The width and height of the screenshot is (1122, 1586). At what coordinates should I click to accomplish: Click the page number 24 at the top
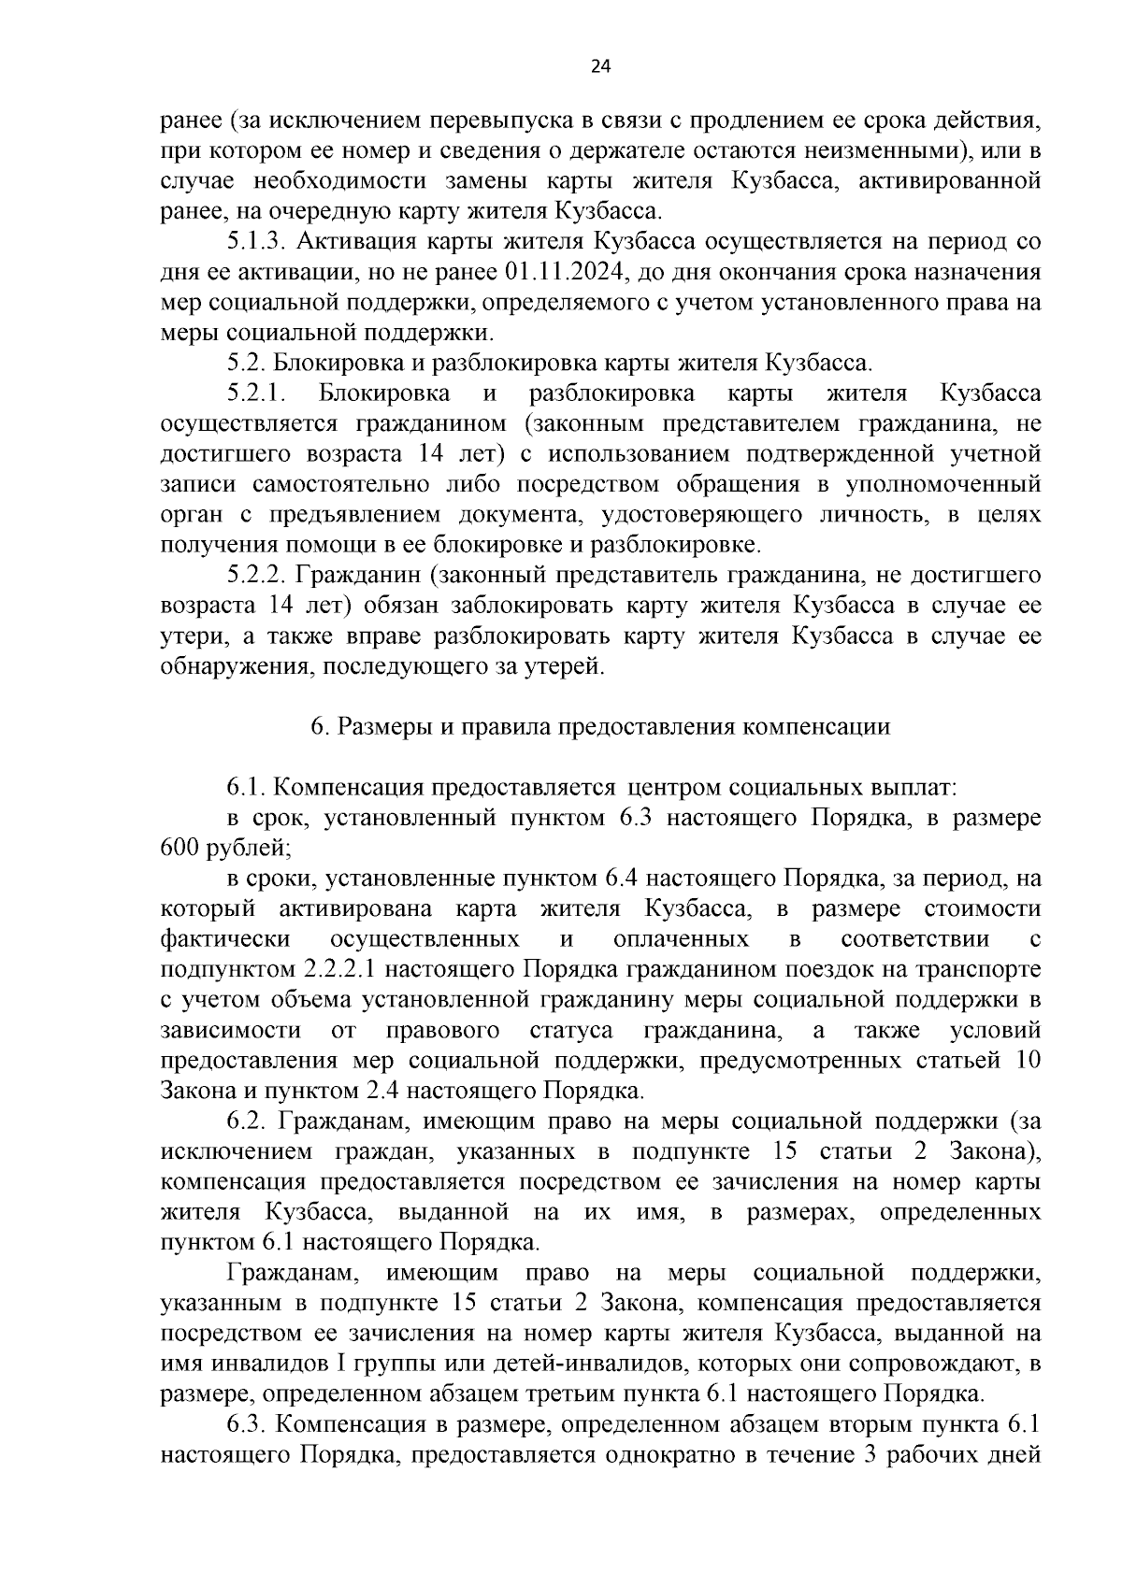click(x=600, y=66)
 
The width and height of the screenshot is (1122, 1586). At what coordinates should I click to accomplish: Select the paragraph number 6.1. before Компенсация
click(x=248, y=788)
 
